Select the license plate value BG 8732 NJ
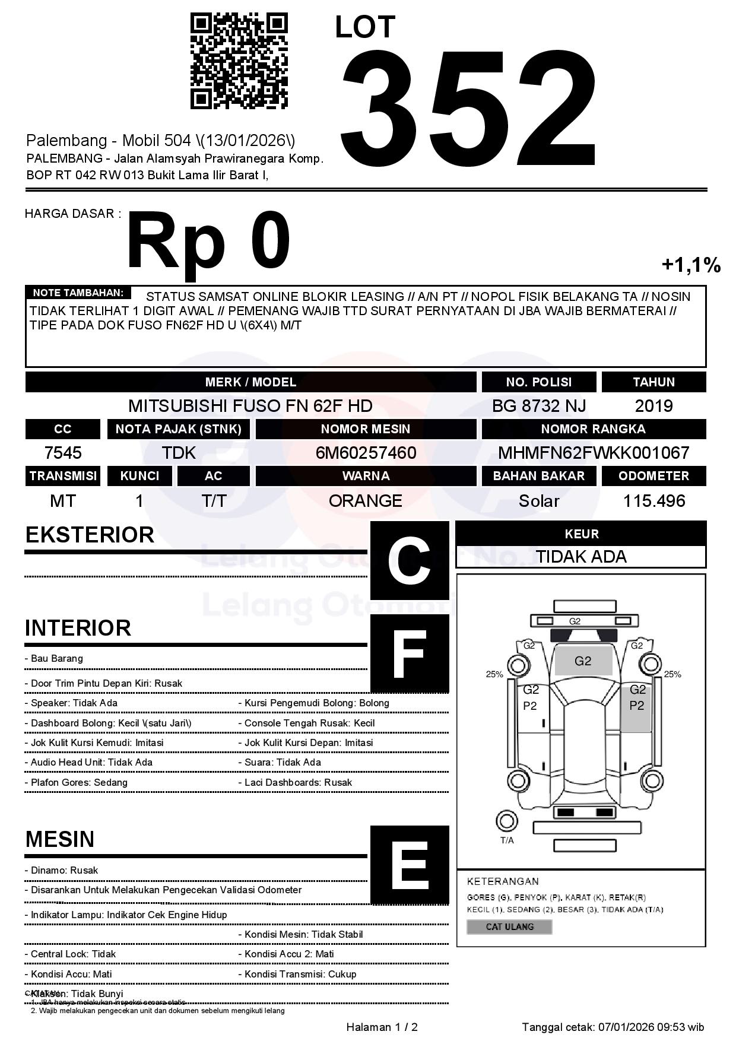(538, 406)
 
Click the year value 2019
(653, 406)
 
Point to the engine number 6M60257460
(366, 453)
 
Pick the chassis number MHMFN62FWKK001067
(594, 453)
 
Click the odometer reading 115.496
(653, 501)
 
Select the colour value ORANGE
(366, 501)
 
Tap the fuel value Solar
(538, 501)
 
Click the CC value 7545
(63, 453)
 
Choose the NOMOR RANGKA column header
(594, 429)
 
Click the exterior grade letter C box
(410, 560)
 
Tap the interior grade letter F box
(410, 653)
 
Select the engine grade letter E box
(410, 865)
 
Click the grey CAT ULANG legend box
(509, 926)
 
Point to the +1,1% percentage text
(691, 265)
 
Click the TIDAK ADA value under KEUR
(581, 557)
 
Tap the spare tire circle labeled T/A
(506, 821)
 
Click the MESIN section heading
(60, 839)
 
